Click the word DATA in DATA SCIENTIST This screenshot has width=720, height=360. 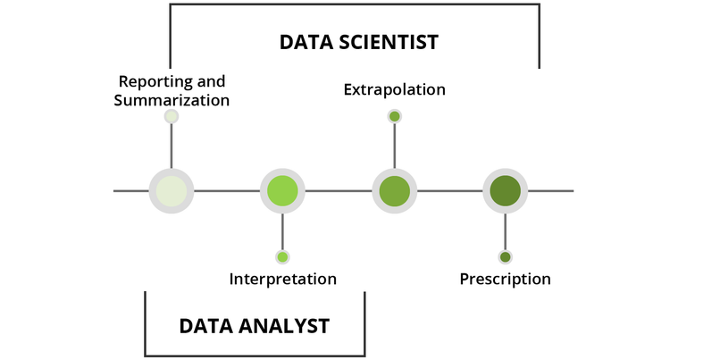point(306,42)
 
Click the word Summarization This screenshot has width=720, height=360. point(172,100)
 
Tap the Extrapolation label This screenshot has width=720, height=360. point(394,89)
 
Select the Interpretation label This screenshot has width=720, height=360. point(283,279)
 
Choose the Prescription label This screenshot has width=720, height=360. point(506,280)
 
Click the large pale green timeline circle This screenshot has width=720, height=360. point(172,190)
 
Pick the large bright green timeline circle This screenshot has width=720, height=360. point(282,190)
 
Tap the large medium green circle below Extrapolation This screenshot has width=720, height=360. point(394,190)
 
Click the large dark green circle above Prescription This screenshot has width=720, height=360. point(506,190)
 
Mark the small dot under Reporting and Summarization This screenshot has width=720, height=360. point(172,117)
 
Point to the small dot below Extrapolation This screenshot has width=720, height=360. point(394,116)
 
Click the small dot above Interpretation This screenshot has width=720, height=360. point(282,257)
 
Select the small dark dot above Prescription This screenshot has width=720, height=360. point(506,257)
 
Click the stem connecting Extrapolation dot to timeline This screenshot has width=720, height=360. point(394,145)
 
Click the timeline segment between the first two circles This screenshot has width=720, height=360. point(227,190)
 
